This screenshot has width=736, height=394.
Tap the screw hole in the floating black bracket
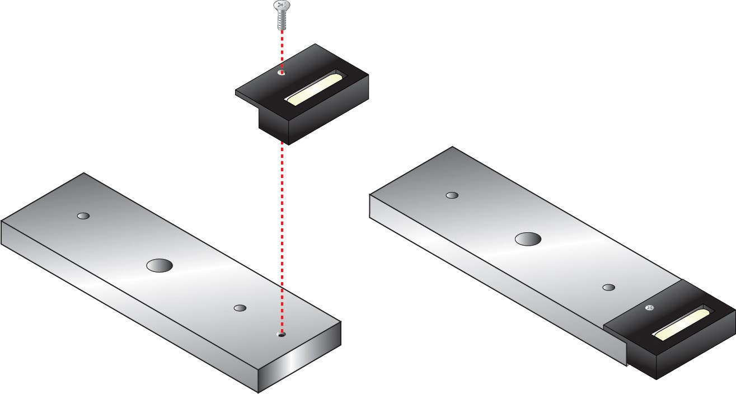click(x=282, y=72)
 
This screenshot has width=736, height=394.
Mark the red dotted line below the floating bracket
click(x=282, y=235)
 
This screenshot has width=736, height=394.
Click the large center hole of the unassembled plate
click(x=159, y=265)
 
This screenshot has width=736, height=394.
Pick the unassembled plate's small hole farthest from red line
click(x=83, y=216)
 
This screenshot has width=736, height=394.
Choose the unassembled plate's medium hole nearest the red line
click(x=240, y=308)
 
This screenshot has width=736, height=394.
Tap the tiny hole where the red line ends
click(x=282, y=335)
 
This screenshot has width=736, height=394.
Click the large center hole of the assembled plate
click(x=528, y=239)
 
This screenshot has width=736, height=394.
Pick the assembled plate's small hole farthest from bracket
click(x=452, y=195)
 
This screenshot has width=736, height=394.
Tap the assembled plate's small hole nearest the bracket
click(x=609, y=287)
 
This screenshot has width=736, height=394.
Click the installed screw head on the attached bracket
click(x=649, y=307)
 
